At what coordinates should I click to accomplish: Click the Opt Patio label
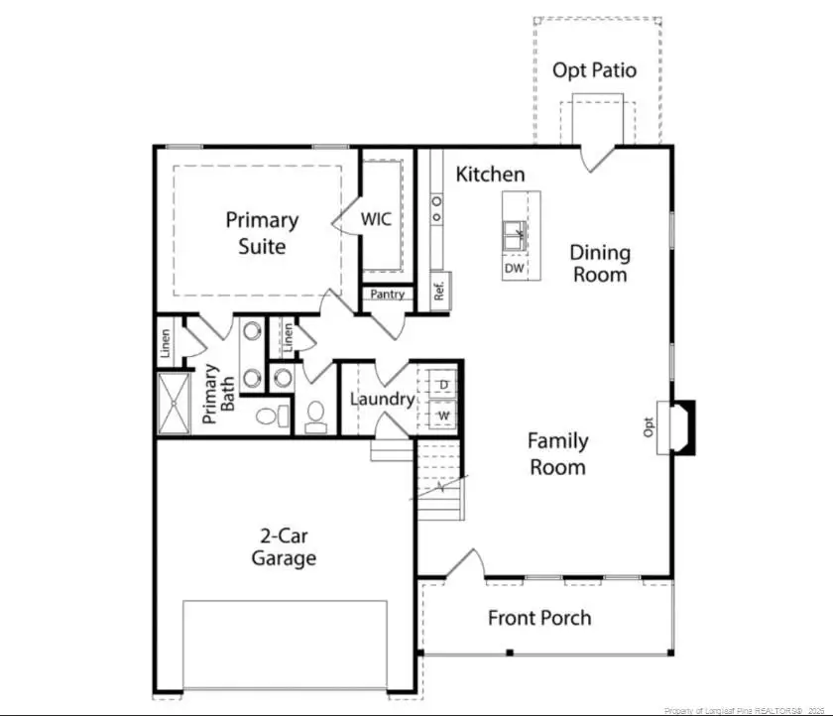point(594,70)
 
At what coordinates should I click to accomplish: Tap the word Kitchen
point(490,175)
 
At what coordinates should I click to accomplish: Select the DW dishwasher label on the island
point(514,269)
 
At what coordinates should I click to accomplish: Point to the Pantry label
point(387,295)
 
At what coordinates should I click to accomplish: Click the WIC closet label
point(376,219)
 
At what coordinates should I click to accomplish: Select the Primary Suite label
point(262,233)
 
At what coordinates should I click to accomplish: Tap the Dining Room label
point(599,264)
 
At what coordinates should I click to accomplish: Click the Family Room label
point(557,454)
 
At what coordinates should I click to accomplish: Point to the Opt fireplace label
point(650,426)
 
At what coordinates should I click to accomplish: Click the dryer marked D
point(443,384)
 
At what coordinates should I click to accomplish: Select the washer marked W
point(443,415)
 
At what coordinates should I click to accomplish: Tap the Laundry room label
point(382,400)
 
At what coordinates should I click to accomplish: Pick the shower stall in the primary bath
point(175,403)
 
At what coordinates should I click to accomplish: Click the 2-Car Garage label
point(284,546)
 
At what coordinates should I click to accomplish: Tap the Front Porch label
point(539,618)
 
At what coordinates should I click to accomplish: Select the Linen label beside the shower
point(167,343)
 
